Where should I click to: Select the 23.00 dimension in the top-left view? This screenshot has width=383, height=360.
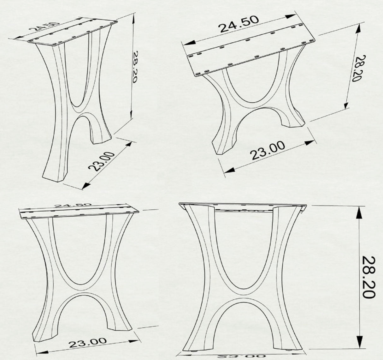point(102,161)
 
